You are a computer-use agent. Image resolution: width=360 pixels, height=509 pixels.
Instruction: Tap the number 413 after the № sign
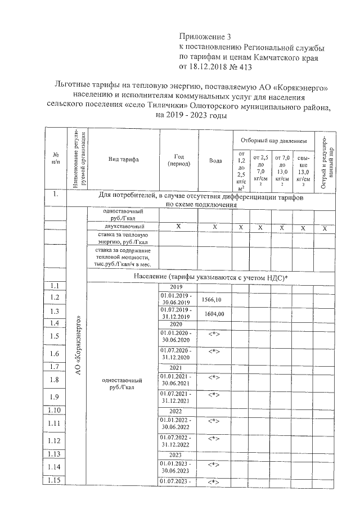click(243, 67)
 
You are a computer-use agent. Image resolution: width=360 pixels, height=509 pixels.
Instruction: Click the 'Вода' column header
click(215, 160)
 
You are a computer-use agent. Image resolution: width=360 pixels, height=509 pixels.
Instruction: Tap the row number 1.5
click(55, 336)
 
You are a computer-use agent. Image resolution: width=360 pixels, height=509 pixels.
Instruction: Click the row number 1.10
click(55, 411)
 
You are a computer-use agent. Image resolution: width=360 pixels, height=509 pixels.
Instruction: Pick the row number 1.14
click(55, 467)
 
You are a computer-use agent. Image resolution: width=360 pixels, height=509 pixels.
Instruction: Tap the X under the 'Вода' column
click(215, 226)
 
